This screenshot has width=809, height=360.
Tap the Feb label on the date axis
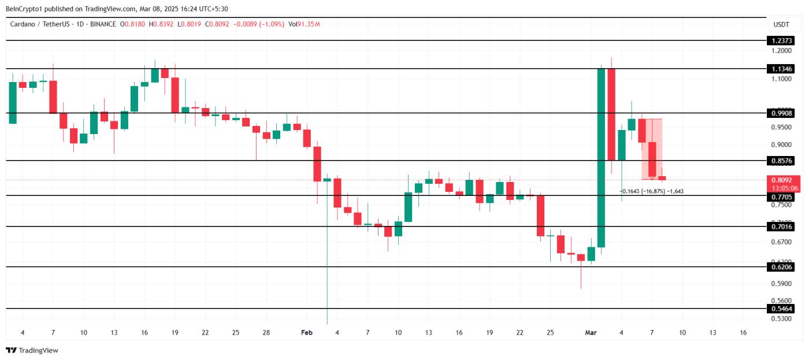[307, 333]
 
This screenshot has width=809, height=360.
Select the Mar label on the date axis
[591, 333]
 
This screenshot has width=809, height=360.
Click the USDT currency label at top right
[781, 24]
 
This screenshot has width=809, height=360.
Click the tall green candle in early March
[601, 156]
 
